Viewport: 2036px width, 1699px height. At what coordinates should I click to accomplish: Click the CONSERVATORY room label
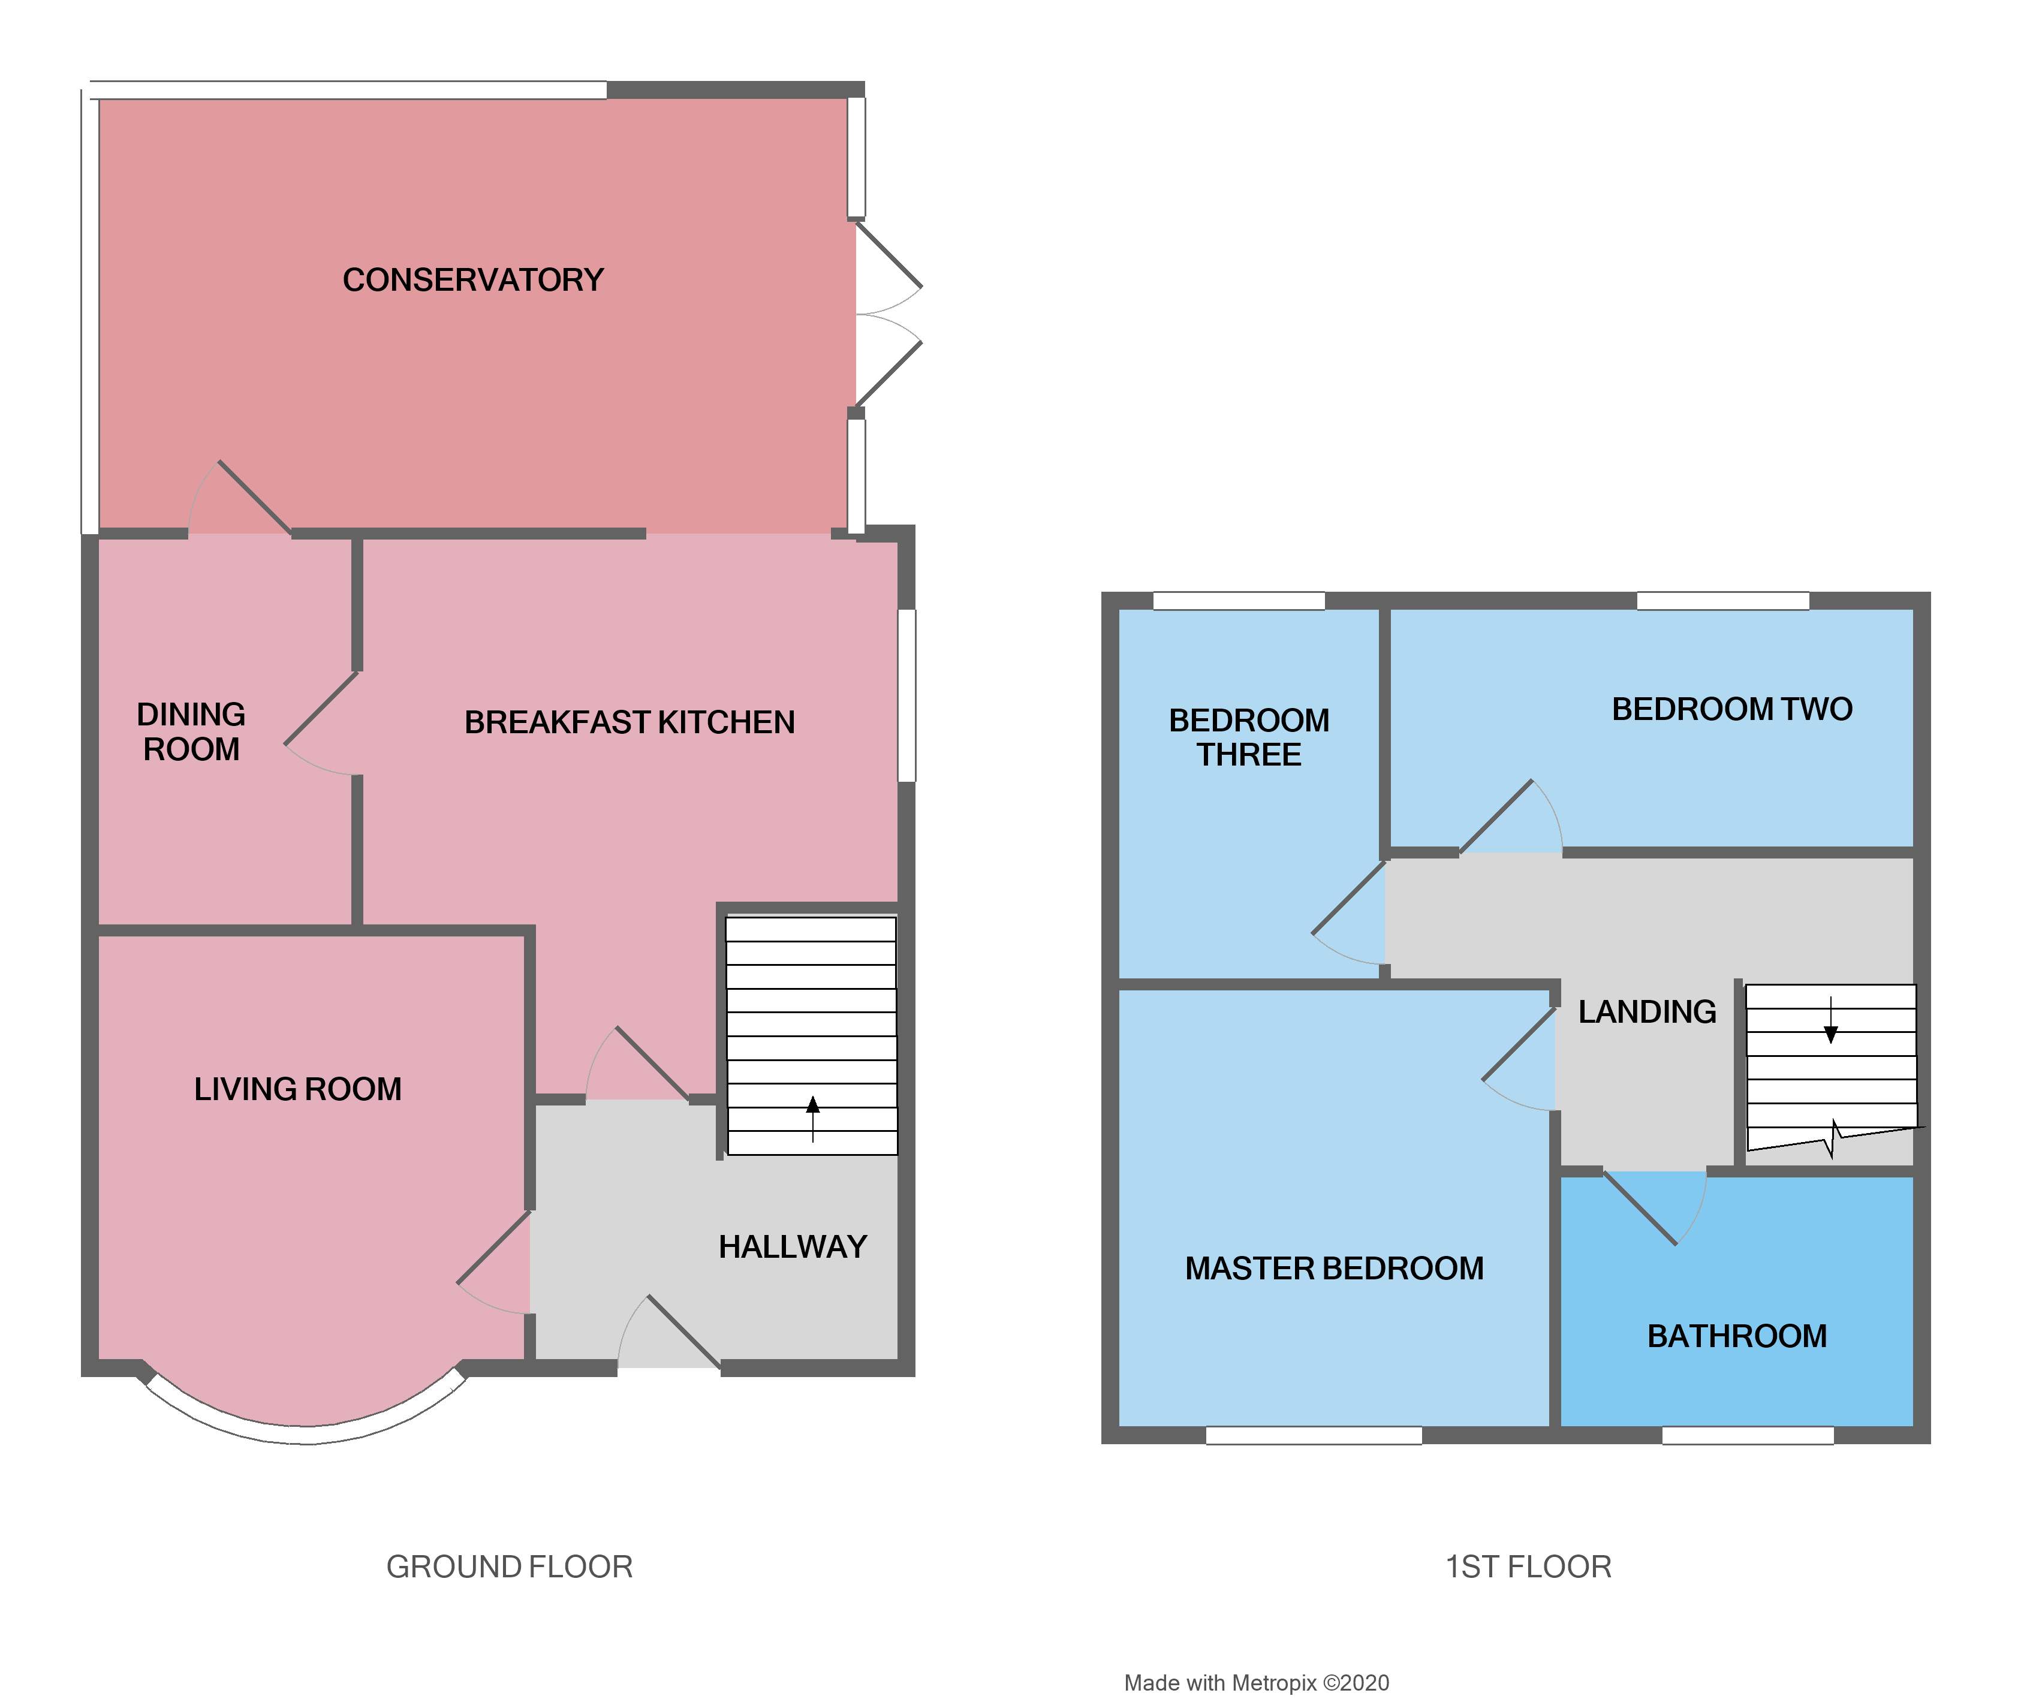coord(472,280)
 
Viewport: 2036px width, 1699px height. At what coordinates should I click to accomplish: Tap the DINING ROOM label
coord(191,732)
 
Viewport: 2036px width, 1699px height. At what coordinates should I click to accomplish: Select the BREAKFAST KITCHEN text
coord(630,722)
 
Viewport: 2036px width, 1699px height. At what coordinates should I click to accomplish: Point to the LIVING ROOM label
coord(297,1089)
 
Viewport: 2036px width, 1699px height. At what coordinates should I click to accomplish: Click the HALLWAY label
coord(792,1247)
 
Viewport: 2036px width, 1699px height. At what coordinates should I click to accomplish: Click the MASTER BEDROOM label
coord(1334,1269)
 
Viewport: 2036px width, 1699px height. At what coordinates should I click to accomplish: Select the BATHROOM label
coord(1736,1336)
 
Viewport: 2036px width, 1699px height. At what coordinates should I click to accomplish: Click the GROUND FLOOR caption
coord(509,1567)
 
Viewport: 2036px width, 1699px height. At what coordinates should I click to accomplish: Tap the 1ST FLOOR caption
coord(1528,1567)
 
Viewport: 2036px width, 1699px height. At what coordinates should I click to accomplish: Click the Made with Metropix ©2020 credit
coord(1257,1683)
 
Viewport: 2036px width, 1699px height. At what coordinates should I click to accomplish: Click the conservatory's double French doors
coord(887,315)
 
